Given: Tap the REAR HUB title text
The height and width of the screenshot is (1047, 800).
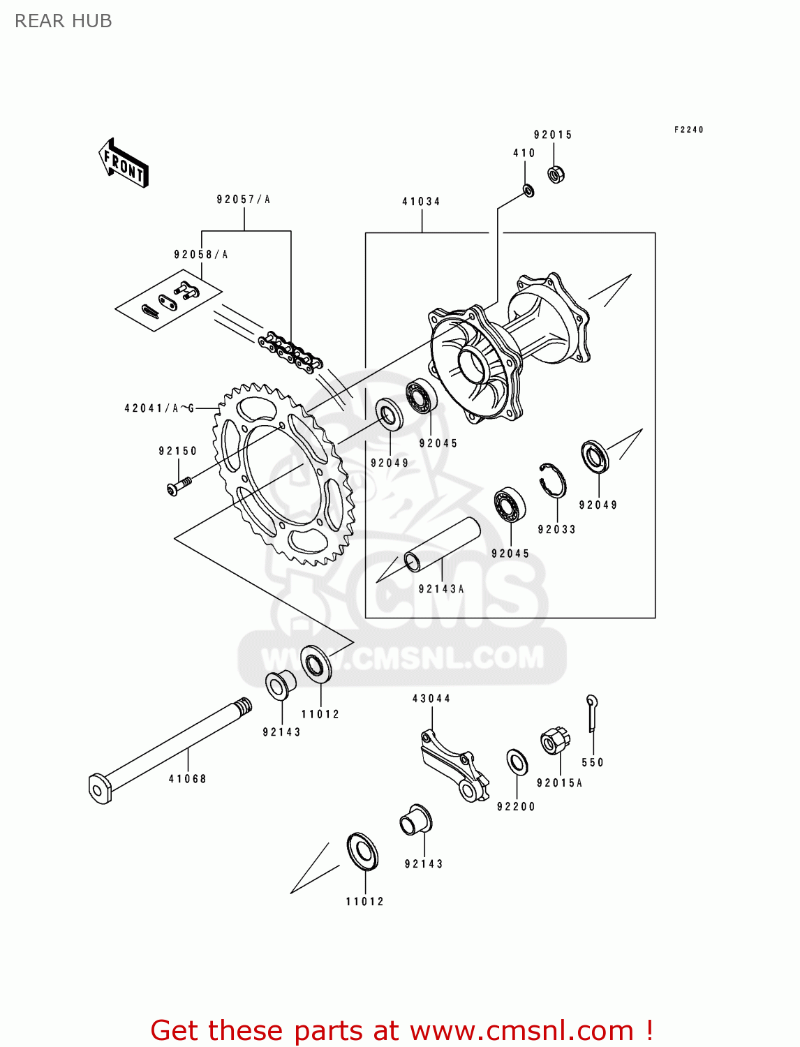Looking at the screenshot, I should coord(63,21).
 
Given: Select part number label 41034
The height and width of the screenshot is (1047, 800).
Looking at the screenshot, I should coord(421,202).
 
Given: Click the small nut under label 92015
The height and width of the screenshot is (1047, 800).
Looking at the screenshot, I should coord(556,174).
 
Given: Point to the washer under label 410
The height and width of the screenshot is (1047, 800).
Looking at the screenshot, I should coord(528,189).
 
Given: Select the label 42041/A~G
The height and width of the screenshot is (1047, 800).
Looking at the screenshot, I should coord(159,408).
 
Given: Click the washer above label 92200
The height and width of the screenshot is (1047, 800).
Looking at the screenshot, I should coord(517,762).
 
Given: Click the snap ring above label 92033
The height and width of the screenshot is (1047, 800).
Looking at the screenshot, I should coord(552,480).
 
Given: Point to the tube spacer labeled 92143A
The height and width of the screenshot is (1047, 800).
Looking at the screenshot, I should coord(443,544).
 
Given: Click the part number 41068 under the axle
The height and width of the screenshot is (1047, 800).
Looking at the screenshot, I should coord(187,779).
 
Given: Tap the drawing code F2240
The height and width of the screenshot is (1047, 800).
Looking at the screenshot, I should coord(688,130).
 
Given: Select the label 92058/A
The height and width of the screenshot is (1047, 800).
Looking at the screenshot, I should coord(201,255).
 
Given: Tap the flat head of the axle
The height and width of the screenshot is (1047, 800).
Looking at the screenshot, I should coord(100,787).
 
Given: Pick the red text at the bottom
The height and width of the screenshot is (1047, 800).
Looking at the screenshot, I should coord(401,1030).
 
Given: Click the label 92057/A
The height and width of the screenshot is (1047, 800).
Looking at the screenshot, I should coord(243,200).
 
